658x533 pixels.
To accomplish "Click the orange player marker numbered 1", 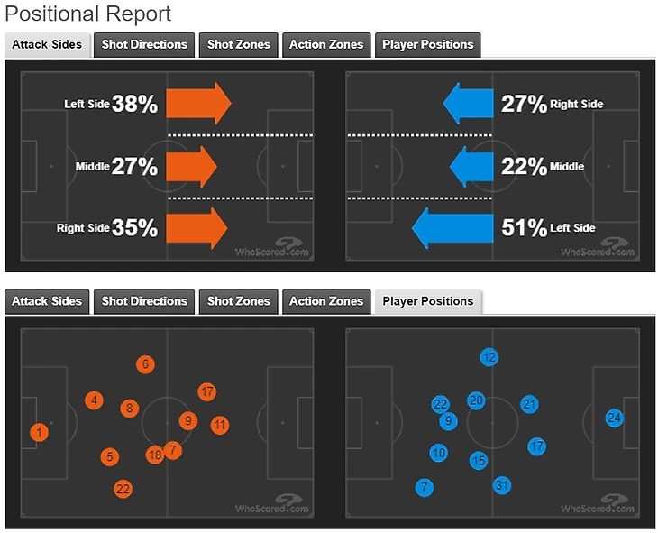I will [x=39, y=433].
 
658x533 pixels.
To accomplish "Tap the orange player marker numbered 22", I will [x=123, y=489].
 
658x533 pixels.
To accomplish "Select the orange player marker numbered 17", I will [x=207, y=391].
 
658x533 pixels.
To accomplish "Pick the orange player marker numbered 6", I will [x=144, y=364].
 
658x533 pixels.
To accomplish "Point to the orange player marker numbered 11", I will [x=219, y=424].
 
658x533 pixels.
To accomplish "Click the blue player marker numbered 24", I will [x=615, y=418].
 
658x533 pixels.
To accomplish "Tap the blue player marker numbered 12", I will [x=489, y=356].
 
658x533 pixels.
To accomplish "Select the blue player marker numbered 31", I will [x=503, y=485].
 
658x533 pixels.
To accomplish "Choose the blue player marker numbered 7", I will [x=425, y=488].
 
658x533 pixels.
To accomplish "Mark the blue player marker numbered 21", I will [x=530, y=404].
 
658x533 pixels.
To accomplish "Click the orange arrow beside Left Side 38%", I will [x=199, y=104].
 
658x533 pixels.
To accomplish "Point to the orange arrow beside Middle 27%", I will [x=193, y=166].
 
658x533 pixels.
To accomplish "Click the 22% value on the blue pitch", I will [x=524, y=167].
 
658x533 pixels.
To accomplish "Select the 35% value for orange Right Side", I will [x=134, y=229].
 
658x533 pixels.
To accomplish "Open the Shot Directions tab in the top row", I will [x=144, y=44].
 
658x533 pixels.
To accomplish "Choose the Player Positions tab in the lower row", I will [x=427, y=301].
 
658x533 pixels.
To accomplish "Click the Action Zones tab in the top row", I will [x=326, y=44].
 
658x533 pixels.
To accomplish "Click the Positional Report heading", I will [x=88, y=14].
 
